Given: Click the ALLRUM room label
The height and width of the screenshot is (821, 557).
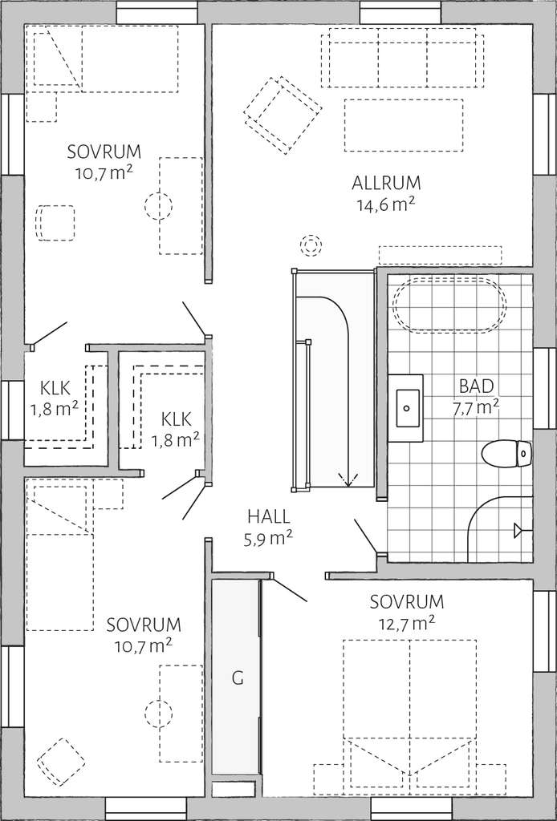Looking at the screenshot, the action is pos(386,184).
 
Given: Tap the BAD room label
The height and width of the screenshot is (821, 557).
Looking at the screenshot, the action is pos(476,386).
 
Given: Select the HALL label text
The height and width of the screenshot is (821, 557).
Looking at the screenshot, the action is pos(268,517).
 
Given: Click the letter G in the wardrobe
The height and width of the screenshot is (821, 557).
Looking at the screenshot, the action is pos(238,678).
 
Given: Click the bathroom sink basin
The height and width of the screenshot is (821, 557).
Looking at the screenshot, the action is pos(408,408).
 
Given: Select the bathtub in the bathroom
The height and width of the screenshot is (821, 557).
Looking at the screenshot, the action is pos(449,306).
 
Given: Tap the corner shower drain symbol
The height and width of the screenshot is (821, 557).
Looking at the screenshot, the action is pos(518,531).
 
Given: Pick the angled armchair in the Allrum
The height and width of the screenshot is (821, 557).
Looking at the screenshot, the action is pos(283,115).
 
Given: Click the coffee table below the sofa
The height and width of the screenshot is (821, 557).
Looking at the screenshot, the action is pos(404,125).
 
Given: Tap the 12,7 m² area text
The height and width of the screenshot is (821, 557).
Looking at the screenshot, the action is pos(406,622).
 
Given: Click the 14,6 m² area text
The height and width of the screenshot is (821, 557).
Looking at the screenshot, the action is pos(386,204).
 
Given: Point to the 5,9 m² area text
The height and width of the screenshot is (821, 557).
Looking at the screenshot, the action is pos(268,538).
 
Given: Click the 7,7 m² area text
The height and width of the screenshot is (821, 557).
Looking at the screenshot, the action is pos(476,407).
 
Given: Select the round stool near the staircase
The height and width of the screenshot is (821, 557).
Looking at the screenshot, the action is pos(311,245).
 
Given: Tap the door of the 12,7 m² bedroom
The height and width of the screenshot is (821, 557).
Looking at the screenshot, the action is pos(289,589).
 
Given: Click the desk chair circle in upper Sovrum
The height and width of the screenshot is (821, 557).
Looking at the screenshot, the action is pos(158,205).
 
